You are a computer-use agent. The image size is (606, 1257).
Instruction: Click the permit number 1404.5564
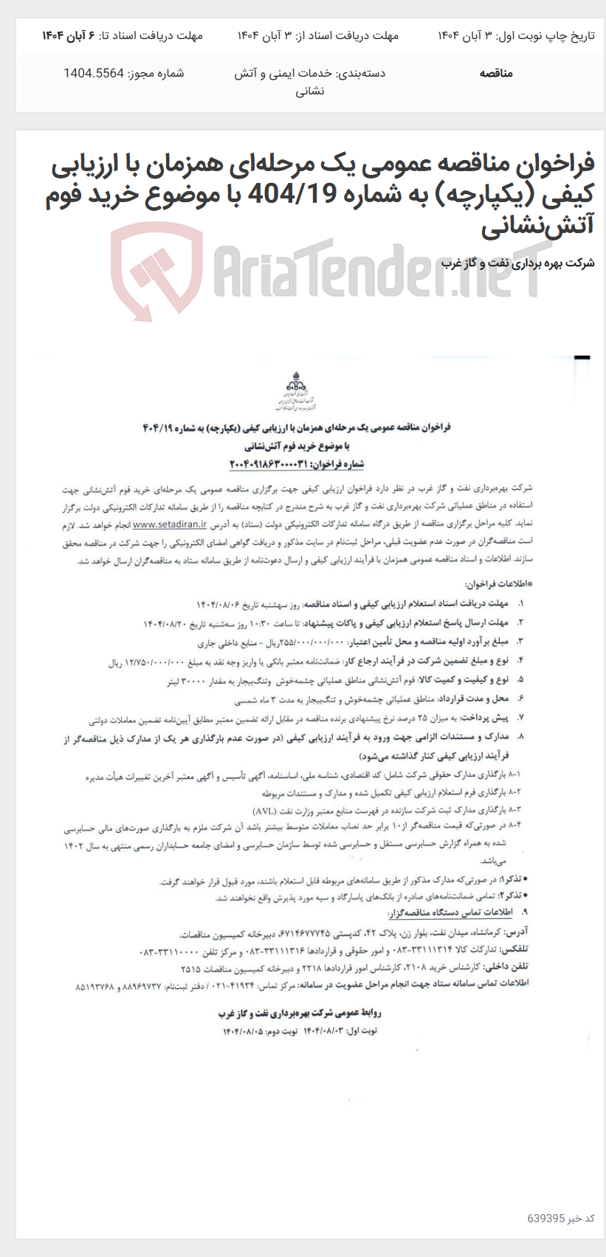[x=95, y=73]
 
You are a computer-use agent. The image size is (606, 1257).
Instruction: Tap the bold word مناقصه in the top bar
[x=495, y=73]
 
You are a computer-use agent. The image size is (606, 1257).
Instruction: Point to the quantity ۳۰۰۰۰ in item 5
[x=186, y=680]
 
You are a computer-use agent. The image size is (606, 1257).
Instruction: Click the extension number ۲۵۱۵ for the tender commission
[x=191, y=967]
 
